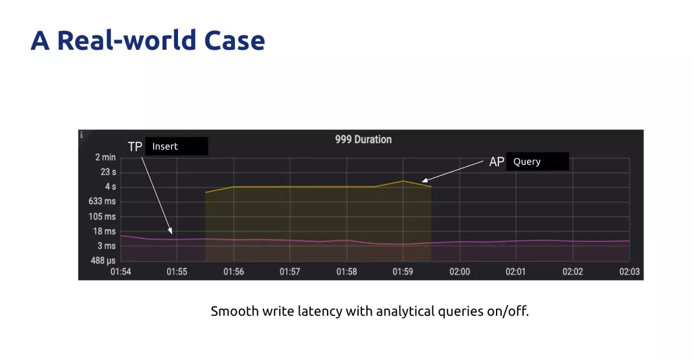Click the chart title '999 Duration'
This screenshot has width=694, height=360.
[x=363, y=139]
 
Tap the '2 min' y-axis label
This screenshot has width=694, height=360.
[x=106, y=157]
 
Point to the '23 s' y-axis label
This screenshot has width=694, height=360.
[x=108, y=172]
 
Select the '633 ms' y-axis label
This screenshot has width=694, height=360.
[x=102, y=201]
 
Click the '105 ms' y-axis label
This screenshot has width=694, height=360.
[x=102, y=216]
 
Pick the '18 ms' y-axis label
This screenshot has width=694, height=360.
[x=104, y=231]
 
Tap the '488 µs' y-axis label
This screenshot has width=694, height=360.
[x=103, y=260]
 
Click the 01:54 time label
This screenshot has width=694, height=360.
[x=120, y=271]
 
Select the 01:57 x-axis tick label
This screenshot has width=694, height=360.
[x=289, y=271]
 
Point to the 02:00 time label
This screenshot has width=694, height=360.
[x=460, y=271]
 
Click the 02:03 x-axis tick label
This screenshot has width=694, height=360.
[x=629, y=271]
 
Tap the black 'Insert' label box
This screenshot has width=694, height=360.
[x=176, y=146]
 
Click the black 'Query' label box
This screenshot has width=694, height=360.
[x=537, y=162]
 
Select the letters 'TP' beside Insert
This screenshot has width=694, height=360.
[x=135, y=146]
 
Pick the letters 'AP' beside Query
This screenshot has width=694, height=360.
[x=497, y=162]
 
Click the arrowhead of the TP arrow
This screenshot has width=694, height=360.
[x=171, y=232]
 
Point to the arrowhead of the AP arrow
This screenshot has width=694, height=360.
[x=423, y=180]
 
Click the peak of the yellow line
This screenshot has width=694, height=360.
[x=403, y=181]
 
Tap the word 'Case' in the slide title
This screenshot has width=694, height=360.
[x=234, y=40]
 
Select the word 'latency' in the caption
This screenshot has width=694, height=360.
[x=320, y=311]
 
